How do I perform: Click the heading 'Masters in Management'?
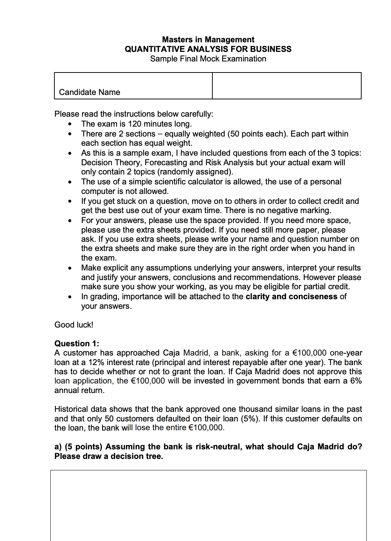(208, 39)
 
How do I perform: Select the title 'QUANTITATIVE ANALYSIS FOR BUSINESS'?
(208, 49)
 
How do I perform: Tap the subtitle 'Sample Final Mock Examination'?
(208, 59)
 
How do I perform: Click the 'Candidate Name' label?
(89, 92)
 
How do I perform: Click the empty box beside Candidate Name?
(287, 86)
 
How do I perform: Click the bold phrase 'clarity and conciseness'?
(291, 297)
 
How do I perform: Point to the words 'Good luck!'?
(74, 325)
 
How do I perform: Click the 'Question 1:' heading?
(77, 343)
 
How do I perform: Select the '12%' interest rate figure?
(96, 363)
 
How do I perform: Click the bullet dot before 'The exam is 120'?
(70, 124)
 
